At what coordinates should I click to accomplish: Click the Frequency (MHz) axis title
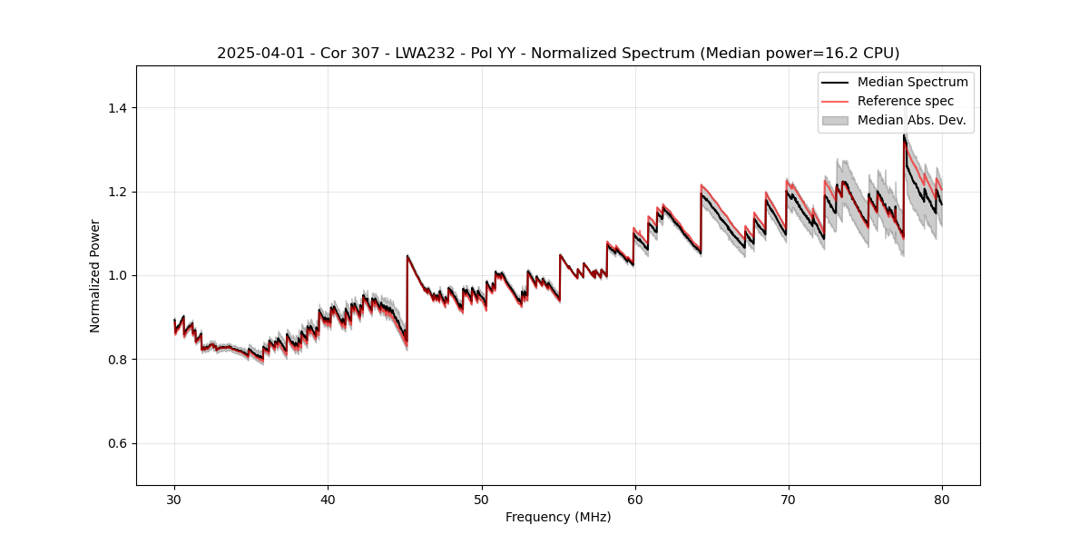558,517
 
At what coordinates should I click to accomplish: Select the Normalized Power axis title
95,275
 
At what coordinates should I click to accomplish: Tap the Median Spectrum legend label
912,82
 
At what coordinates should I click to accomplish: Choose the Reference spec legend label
906,101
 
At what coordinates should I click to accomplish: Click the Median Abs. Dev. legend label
911,120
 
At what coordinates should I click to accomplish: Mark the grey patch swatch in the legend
835,120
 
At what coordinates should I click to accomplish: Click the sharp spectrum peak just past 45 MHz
407,256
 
